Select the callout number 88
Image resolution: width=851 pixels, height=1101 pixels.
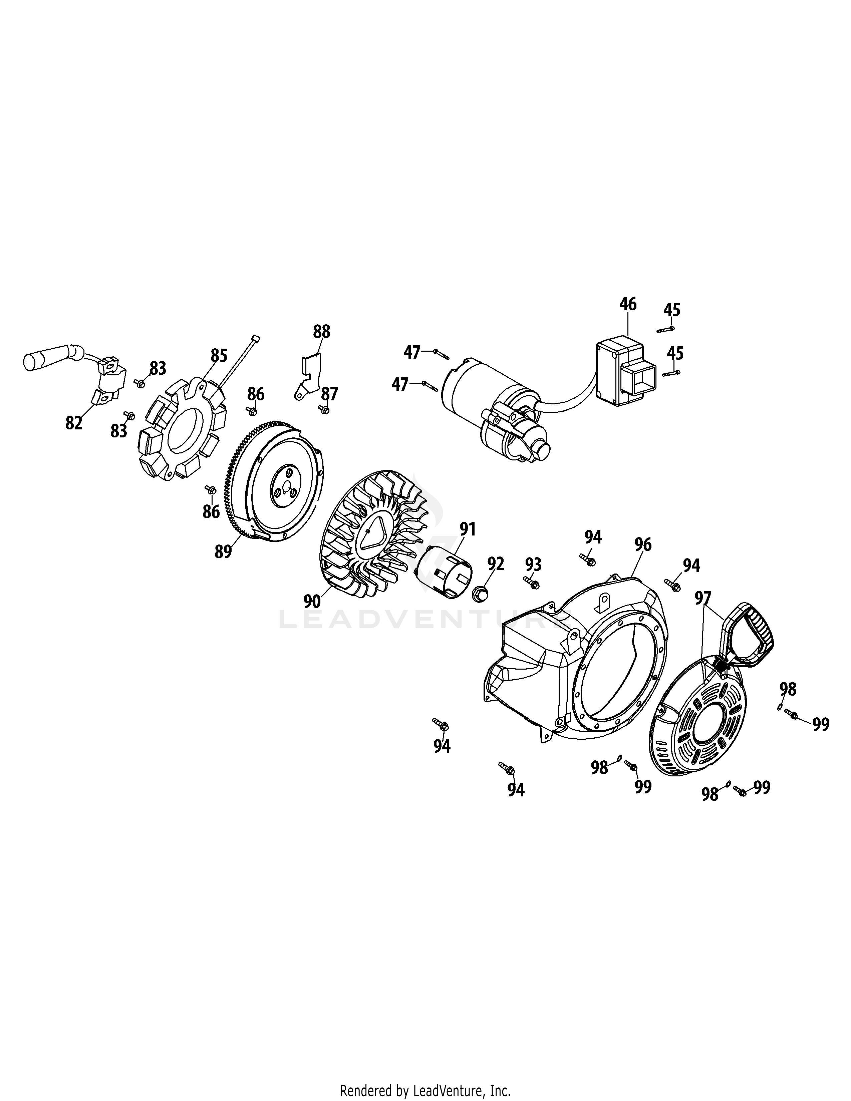pyautogui.click(x=322, y=331)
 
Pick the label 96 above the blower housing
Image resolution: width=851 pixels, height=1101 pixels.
pyautogui.click(x=643, y=544)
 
